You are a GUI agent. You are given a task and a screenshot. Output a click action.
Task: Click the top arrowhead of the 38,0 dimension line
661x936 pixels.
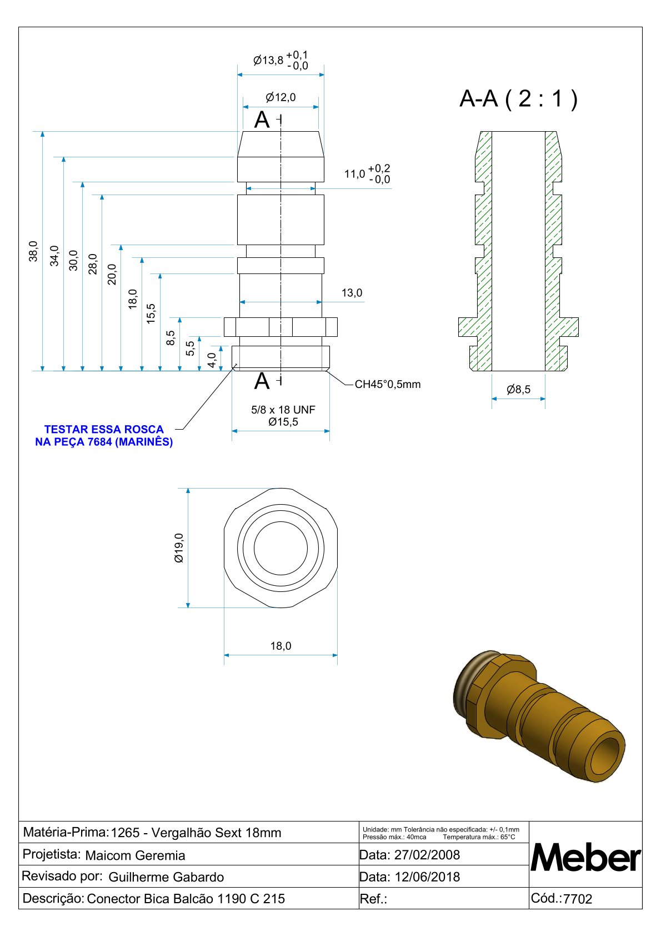click(x=43, y=134)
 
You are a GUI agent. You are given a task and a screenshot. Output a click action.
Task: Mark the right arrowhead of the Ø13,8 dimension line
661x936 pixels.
click(x=322, y=75)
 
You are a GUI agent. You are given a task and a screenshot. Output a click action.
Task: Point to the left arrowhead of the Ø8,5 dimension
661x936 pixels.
click(x=494, y=399)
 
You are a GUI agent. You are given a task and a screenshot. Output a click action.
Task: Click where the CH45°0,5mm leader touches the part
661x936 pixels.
click(x=328, y=371)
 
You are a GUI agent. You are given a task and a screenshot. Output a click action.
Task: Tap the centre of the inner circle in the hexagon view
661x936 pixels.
click(x=281, y=548)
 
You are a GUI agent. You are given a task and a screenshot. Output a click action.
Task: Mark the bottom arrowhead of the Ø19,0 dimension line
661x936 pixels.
click(x=188, y=605)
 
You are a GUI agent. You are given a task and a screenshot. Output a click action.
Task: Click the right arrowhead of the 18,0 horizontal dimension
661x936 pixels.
click(x=335, y=655)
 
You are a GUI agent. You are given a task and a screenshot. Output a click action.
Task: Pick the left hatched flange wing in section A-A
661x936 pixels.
click(x=468, y=327)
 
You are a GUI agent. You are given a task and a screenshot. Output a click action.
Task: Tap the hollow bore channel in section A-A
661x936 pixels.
click(x=519, y=251)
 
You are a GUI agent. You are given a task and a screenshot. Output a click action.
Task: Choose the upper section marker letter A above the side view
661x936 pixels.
click(x=262, y=120)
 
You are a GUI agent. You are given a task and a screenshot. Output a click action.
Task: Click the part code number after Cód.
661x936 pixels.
click(x=578, y=898)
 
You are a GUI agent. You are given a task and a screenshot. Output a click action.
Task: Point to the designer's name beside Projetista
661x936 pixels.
click(x=135, y=855)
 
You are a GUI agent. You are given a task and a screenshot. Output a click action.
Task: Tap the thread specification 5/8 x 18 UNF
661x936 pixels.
click(x=283, y=410)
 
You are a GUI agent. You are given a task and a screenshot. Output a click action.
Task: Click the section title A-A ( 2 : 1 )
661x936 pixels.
click(x=518, y=99)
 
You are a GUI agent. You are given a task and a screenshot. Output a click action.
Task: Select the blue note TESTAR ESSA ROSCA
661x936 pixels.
click(x=104, y=430)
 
